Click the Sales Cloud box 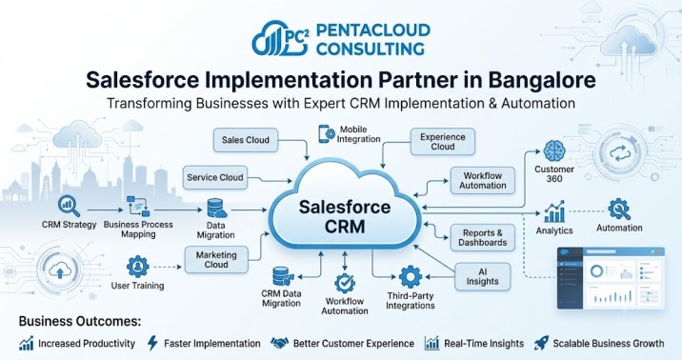pyautogui.click(x=246, y=140)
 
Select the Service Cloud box pyautogui.click(x=215, y=177)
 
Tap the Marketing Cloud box pyautogui.click(x=216, y=260)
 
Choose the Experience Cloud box pyautogui.click(x=443, y=142)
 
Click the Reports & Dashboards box pyautogui.click(x=482, y=238)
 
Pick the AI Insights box pyautogui.click(x=482, y=276)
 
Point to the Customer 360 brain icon pyautogui.click(x=554, y=151)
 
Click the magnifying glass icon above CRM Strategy pyautogui.click(x=70, y=207)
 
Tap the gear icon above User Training pyautogui.click(x=138, y=267)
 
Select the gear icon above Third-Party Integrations pyautogui.click(x=411, y=277)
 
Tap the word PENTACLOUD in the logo pyautogui.click(x=373, y=30)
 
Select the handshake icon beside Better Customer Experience pyautogui.click(x=280, y=343)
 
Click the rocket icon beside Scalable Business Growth pyautogui.click(x=542, y=343)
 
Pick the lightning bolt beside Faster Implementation pyautogui.click(x=152, y=343)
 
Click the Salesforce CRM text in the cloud pyautogui.click(x=345, y=216)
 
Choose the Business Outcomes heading pyautogui.click(x=80, y=322)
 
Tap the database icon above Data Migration pyautogui.click(x=216, y=209)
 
